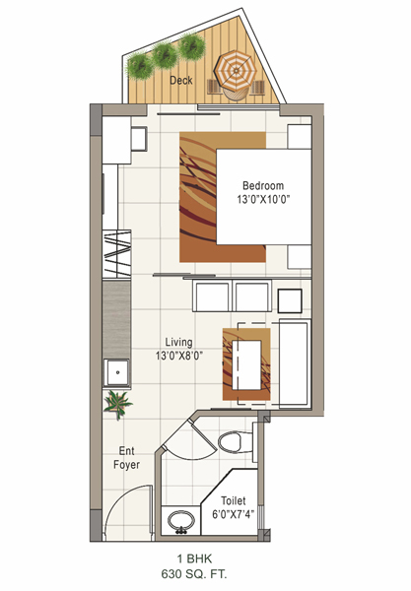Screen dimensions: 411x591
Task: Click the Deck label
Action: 181,80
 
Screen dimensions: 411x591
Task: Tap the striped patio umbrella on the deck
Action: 236,71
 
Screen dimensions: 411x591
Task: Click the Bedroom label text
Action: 263,185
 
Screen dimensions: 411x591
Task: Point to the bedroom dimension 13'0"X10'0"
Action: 263,199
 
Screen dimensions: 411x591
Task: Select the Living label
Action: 178,342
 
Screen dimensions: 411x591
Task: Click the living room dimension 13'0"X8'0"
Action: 179,356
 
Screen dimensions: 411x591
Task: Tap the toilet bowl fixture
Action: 235,441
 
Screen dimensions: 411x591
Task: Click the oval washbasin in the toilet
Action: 181,521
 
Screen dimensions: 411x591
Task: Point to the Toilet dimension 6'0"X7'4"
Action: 233,514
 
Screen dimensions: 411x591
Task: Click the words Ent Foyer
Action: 127,458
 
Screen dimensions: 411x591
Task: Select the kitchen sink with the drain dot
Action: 117,372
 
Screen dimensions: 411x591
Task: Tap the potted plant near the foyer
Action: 117,404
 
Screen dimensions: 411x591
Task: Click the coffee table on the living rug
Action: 246,364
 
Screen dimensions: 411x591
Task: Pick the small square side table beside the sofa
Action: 290,300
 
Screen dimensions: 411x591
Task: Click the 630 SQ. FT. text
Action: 194,574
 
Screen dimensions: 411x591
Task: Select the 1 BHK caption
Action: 194,558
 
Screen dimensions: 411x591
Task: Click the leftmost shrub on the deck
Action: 140,66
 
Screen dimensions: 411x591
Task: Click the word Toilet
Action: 233,500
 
